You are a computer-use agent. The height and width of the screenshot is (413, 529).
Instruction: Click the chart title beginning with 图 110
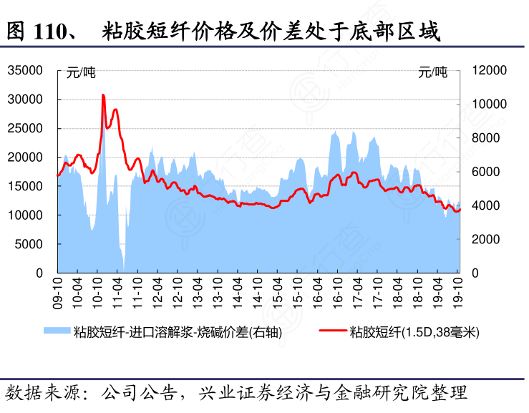[x=222, y=31]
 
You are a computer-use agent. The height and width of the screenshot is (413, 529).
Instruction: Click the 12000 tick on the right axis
[x=490, y=70]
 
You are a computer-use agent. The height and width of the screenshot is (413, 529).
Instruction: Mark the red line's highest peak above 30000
[x=103, y=94]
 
